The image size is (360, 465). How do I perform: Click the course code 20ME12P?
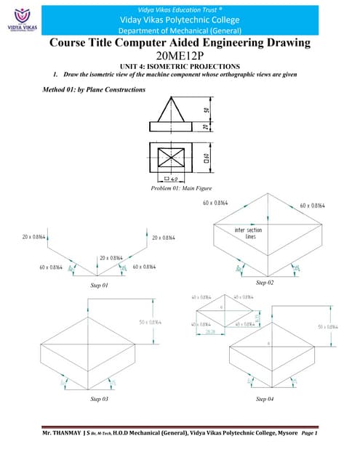pos(180,57)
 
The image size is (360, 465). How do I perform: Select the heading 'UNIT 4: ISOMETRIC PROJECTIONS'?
pos(180,67)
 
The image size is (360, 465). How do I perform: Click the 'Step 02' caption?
pos(264,281)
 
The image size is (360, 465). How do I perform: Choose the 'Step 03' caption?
pos(99,400)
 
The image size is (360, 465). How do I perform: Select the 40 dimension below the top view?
pos(175,178)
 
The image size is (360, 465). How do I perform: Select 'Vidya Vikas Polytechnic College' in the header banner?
pos(180,20)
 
